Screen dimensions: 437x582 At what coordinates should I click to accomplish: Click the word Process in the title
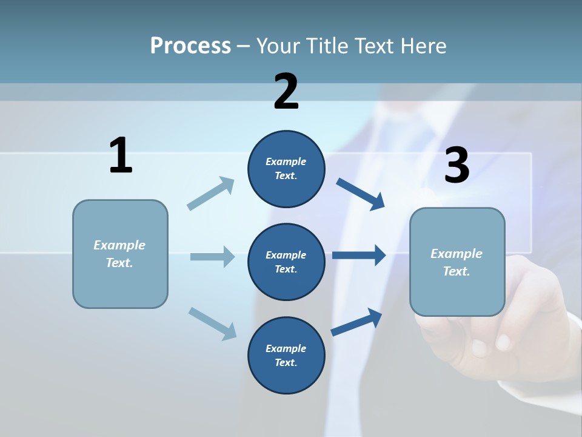click(x=190, y=46)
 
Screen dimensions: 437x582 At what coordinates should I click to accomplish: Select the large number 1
click(x=121, y=156)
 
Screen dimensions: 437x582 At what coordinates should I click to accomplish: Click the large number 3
click(x=457, y=166)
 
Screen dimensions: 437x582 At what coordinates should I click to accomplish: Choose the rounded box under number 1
click(x=120, y=254)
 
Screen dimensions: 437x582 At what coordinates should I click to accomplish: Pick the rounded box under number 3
click(x=457, y=262)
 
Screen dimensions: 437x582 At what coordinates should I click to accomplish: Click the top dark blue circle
click(x=286, y=169)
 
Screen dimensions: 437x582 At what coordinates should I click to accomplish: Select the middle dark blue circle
click(x=286, y=262)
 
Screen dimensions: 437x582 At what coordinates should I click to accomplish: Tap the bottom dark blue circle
click(x=286, y=355)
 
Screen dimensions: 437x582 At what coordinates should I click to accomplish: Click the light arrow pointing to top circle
click(x=211, y=194)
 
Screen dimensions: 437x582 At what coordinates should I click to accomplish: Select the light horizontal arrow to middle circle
click(x=212, y=257)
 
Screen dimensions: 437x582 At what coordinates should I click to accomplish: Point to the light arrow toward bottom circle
click(x=212, y=323)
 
